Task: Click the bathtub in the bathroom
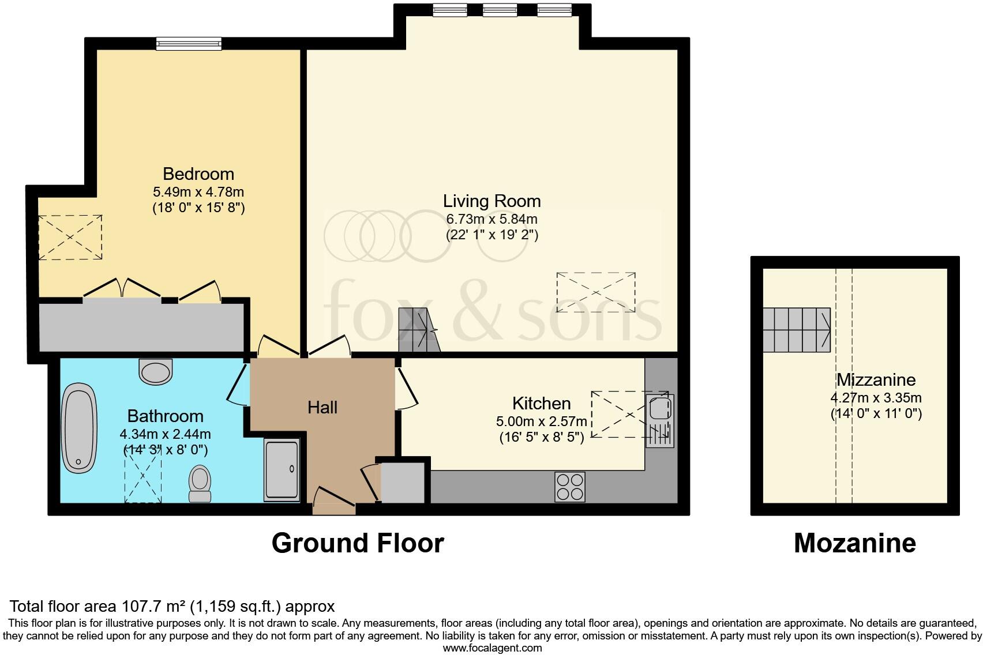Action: click(x=79, y=428)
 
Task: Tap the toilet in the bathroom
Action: click(x=200, y=483)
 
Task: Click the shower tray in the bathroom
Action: click(x=282, y=470)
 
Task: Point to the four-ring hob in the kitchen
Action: click(x=570, y=487)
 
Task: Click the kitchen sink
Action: click(x=659, y=420)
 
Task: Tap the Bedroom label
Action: click(x=198, y=174)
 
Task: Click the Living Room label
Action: click(x=491, y=201)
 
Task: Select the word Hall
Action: click(x=322, y=408)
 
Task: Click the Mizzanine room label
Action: click(x=876, y=379)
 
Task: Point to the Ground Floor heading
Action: click(x=358, y=543)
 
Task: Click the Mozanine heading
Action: click(x=855, y=543)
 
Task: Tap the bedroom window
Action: click(x=189, y=43)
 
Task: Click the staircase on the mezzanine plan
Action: click(x=797, y=330)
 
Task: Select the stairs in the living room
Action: click(x=419, y=330)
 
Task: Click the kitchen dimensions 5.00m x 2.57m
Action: click(x=542, y=421)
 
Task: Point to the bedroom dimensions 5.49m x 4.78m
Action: click(x=198, y=192)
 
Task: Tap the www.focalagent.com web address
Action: click(x=493, y=648)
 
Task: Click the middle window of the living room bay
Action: click(x=500, y=10)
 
